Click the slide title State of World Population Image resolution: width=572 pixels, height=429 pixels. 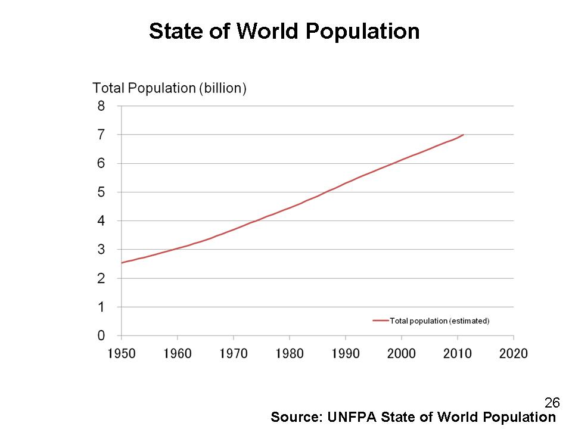point(284,31)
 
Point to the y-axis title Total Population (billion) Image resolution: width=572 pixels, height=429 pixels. point(169,88)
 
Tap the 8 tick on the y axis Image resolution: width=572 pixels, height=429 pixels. point(101,106)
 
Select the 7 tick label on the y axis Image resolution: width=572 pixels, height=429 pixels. point(101,135)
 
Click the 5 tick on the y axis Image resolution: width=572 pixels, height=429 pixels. point(101,192)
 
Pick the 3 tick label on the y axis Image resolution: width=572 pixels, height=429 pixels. point(101,250)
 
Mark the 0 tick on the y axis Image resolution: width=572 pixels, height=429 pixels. point(101,335)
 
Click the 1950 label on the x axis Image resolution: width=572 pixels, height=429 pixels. point(121,353)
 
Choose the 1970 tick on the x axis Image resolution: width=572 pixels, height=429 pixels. point(234,353)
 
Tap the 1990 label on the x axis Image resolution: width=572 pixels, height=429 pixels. point(346,353)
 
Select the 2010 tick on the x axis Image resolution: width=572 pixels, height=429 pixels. point(458,353)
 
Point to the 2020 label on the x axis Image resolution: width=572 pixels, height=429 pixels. point(513,353)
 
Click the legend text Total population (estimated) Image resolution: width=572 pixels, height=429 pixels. point(439,321)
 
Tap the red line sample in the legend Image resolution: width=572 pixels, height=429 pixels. point(380,321)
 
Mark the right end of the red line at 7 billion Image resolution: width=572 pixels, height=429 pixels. point(463,135)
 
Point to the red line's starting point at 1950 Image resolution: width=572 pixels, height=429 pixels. point(122,263)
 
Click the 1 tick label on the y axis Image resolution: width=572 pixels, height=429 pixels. point(101,307)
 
